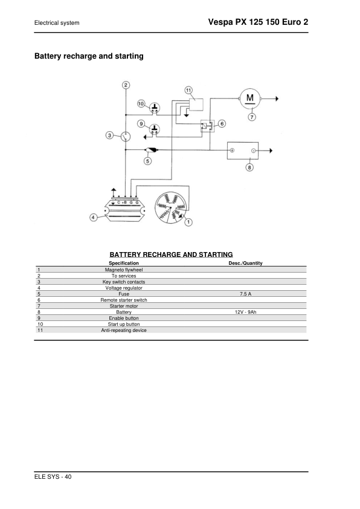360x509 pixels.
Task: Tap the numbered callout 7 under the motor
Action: coord(252,117)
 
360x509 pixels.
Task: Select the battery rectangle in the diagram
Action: coord(243,151)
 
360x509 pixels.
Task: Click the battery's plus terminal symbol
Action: coord(232,151)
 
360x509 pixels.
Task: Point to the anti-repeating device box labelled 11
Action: coord(196,105)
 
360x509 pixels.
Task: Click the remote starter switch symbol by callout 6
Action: coord(207,126)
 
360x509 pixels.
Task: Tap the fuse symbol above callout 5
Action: coord(152,150)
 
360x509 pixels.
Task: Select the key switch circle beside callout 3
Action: coord(126,137)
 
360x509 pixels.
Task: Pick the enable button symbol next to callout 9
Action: coord(155,129)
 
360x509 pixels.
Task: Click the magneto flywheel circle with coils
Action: coord(170,207)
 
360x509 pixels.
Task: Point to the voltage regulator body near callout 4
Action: coord(125,210)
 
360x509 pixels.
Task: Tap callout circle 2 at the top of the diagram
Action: coord(126,85)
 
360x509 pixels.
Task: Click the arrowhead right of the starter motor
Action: coord(277,99)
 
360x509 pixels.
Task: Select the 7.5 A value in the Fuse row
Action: coord(245,294)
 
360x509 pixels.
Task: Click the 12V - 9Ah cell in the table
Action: coord(245,312)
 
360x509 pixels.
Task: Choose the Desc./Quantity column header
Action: coord(245,263)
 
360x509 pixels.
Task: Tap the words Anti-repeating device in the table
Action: coord(124,330)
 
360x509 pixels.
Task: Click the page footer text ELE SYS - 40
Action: coord(53,476)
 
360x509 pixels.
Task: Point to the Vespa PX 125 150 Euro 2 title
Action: coord(258,22)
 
